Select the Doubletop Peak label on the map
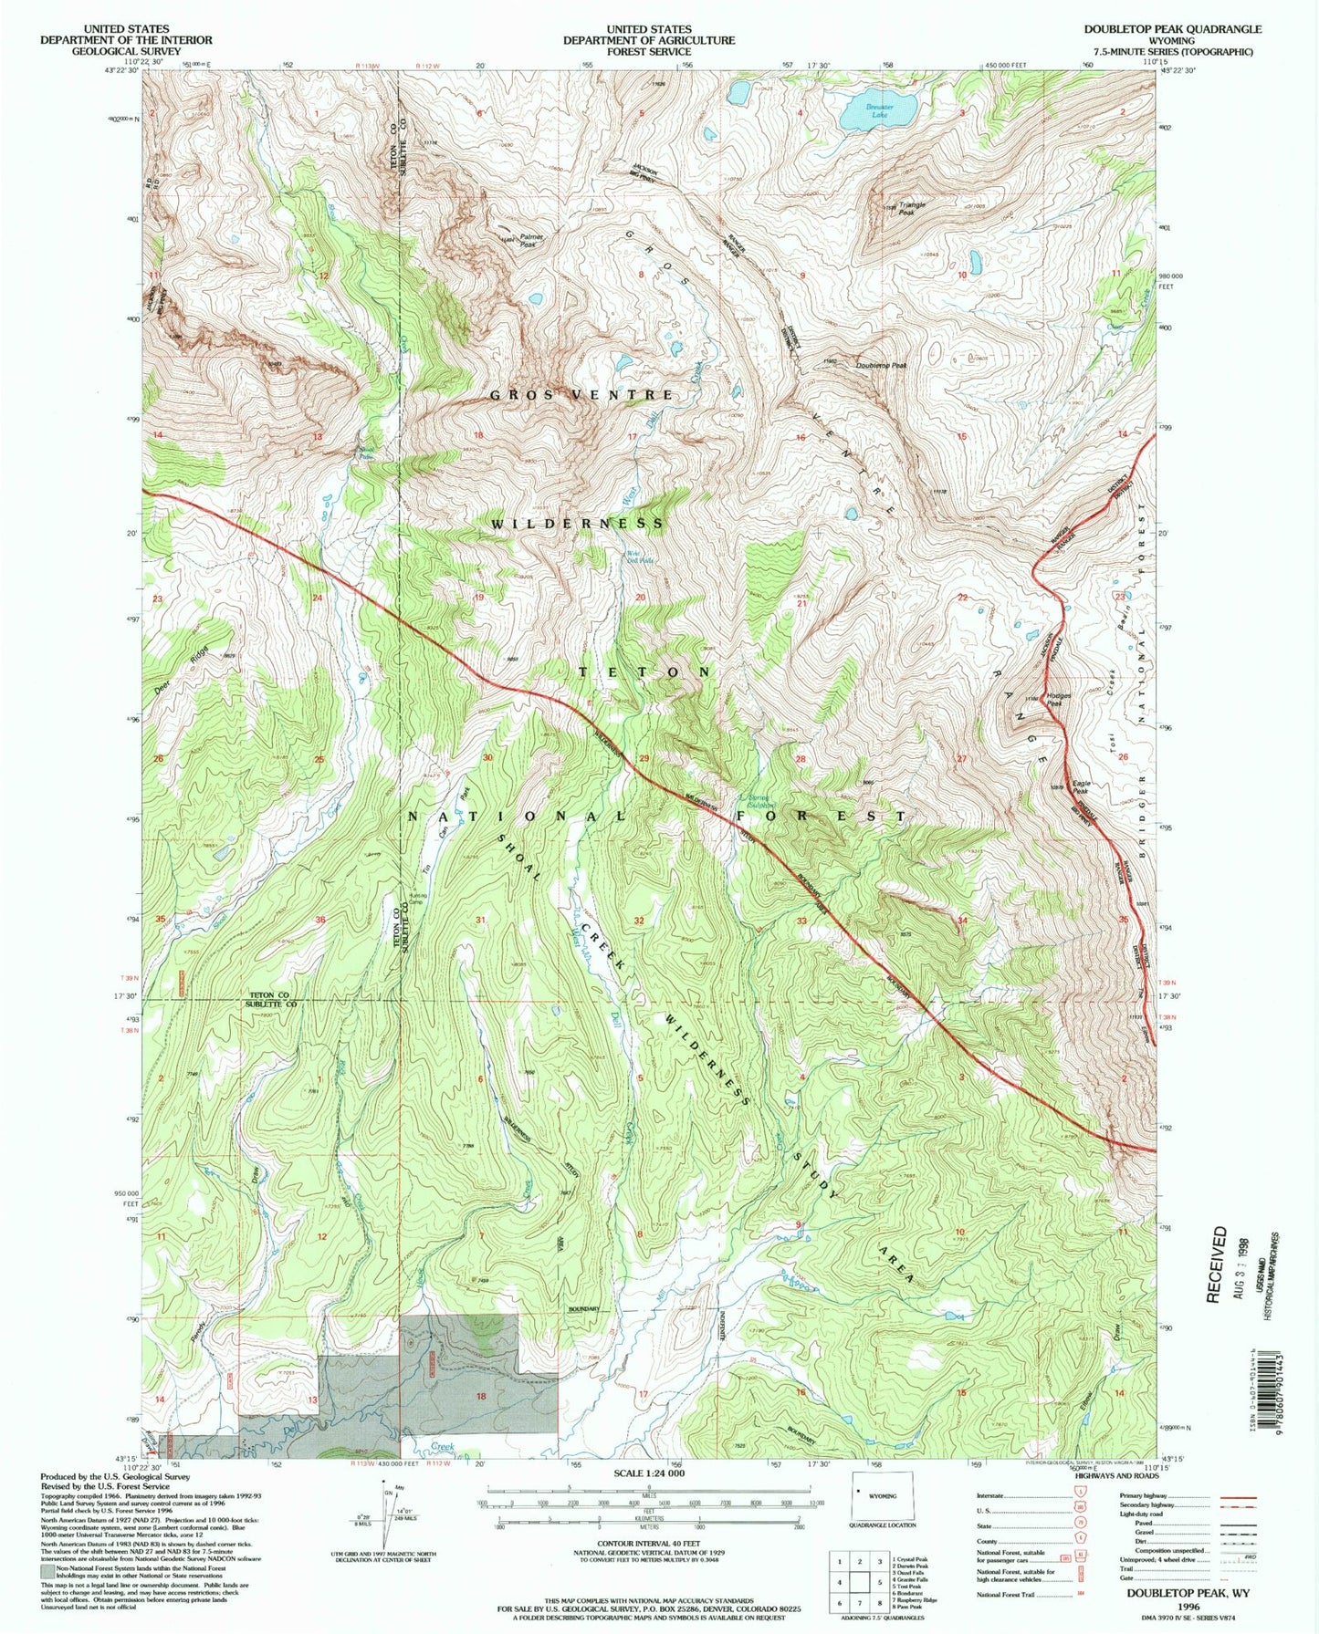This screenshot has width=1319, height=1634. pos(881,365)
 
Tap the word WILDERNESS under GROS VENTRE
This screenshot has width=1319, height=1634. pos(578,524)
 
